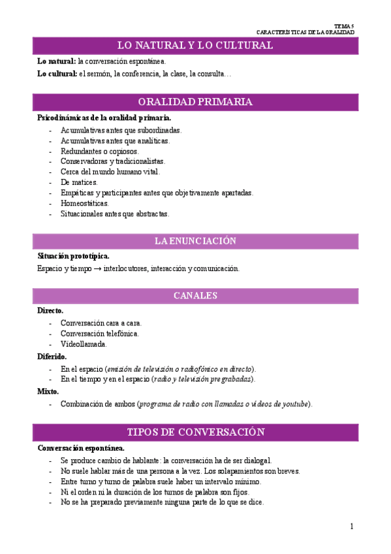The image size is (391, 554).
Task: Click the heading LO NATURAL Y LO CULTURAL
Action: pyautogui.click(x=195, y=45)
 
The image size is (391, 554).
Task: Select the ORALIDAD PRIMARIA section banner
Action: pyautogui.click(x=195, y=102)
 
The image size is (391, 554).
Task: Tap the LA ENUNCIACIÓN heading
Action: pyautogui.click(x=195, y=241)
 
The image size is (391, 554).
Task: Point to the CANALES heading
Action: pyautogui.click(x=195, y=296)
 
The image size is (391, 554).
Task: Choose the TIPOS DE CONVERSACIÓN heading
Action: pyautogui.click(x=195, y=432)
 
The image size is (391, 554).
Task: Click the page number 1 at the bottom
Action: pyautogui.click(x=351, y=527)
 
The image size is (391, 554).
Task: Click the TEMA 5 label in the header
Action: pyautogui.click(x=343, y=25)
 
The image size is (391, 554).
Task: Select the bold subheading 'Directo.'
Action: pyautogui.click(x=50, y=311)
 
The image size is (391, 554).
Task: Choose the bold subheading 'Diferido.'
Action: pyautogui.click(x=52, y=357)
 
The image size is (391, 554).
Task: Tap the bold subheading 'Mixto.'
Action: pyautogui.click(x=48, y=392)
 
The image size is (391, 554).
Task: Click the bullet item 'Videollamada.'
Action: pyautogui.click(x=84, y=344)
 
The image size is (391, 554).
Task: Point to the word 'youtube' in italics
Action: pyautogui.click(x=295, y=404)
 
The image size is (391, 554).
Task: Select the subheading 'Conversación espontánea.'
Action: pyautogui.click(x=80, y=448)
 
